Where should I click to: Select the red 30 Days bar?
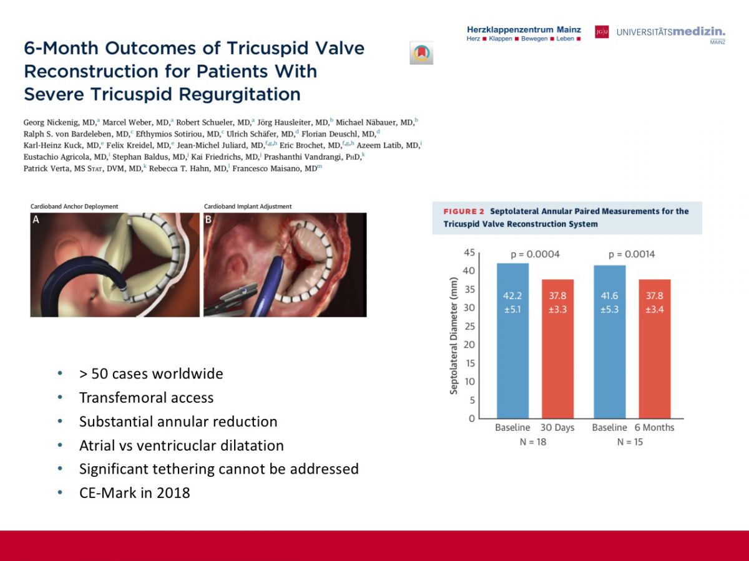pyautogui.click(x=557, y=348)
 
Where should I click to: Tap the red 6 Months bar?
pyautogui.click(x=654, y=348)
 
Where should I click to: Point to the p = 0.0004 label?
pyautogui.click(x=535, y=254)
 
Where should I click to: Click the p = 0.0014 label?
pyautogui.click(x=632, y=254)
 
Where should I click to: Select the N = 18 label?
pyautogui.click(x=534, y=442)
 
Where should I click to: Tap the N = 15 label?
pyautogui.click(x=630, y=442)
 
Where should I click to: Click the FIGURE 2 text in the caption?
pyautogui.click(x=464, y=211)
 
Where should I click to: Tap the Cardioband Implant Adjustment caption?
pyautogui.click(x=248, y=206)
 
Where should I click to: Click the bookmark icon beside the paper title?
pyautogui.click(x=421, y=54)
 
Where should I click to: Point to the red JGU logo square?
pyautogui.click(x=602, y=32)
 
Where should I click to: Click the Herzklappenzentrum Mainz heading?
pyautogui.click(x=524, y=29)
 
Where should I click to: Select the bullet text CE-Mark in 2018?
pyautogui.click(x=134, y=493)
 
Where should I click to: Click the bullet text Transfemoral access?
pyautogui.click(x=146, y=398)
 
